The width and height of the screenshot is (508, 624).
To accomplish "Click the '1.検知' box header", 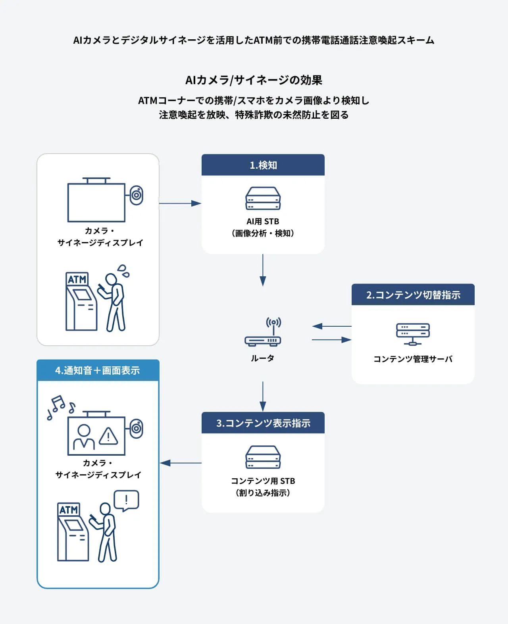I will pyautogui.click(x=263, y=165).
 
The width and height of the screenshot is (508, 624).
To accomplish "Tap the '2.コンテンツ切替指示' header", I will pyautogui.click(x=413, y=295).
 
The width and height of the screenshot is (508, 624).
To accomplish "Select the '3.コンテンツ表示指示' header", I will pyautogui.click(x=263, y=423).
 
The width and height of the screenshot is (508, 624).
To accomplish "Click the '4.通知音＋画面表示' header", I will pyautogui.click(x=98, y=370).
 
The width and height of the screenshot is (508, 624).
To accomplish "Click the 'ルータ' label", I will pyautogui.click(x=262, y=358).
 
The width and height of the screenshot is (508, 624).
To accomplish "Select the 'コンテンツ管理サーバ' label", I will pyautogui.click(x=413, y=359).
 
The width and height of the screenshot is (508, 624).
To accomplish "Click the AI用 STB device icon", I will pyautogui.click(x=263, y=198).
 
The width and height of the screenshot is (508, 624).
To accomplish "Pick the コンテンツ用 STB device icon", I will pyautogui.click(x=263, y=457).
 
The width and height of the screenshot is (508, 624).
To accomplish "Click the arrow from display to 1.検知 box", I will pyautogui.click(x=180, y=203).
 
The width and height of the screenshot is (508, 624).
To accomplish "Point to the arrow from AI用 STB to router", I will pyautogui.click(x=263, y=270).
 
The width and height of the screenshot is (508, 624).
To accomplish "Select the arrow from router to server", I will pyautogui.click(x=331, y=340).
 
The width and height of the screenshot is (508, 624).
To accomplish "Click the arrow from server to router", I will pyautogui.click(x=331, y=326).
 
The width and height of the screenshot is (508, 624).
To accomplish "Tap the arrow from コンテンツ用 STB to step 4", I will pyautogui.click(x=181, y=463).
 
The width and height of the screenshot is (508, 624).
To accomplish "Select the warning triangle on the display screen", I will pyautogui.click(x=108, y=436).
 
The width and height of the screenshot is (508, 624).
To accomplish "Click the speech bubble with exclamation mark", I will pyautogui.click(x=126, y=500).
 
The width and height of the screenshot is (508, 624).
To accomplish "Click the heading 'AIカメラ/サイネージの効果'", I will pyautogui.click(x=254, y=80).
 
